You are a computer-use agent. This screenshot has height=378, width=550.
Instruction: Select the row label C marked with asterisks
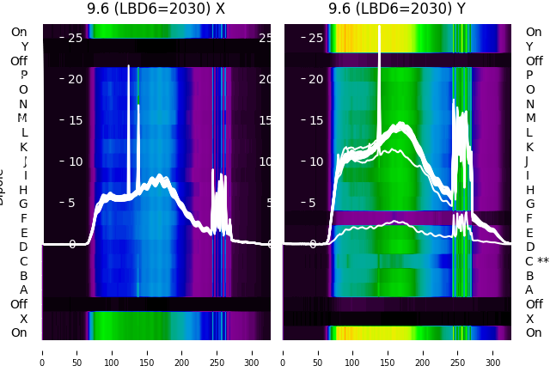(x=537, y=261)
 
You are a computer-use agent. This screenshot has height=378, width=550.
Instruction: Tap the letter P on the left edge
(x=23, y=75)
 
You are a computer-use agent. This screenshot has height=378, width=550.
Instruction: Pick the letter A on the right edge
(x=529, y=290)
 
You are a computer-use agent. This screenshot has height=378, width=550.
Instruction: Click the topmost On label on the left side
(x=19, y=32)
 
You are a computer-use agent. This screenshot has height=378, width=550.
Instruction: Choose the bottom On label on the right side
(x=534, y=332)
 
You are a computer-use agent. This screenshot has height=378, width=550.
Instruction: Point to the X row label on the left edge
(x=24, y=319)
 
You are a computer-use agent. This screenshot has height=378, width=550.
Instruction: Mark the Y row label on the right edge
(x=529, y=46)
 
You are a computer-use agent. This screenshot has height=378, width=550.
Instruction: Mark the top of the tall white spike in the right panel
(x=379, y=27)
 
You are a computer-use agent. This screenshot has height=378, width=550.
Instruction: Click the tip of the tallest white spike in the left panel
(x=129, y=66)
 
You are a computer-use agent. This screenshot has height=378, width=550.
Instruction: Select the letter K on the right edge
(x=529, y=147)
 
